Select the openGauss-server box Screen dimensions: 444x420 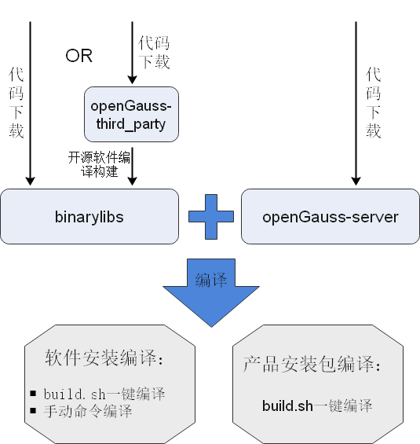(330, 216)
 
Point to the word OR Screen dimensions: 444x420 (79, 56)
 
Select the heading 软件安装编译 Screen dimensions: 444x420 (104, 360)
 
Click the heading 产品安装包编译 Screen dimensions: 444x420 (312, 366)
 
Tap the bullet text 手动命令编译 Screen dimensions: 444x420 (87, 412)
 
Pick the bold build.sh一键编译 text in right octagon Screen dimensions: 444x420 (316, 406)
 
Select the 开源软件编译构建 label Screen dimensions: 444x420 (100, 164)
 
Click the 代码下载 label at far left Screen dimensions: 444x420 (16, 102)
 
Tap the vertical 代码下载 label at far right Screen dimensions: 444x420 (374, 102)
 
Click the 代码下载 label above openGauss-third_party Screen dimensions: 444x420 (153, 52)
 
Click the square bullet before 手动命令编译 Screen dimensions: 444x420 (34, 412)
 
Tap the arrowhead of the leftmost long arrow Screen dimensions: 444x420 (30, 181)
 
